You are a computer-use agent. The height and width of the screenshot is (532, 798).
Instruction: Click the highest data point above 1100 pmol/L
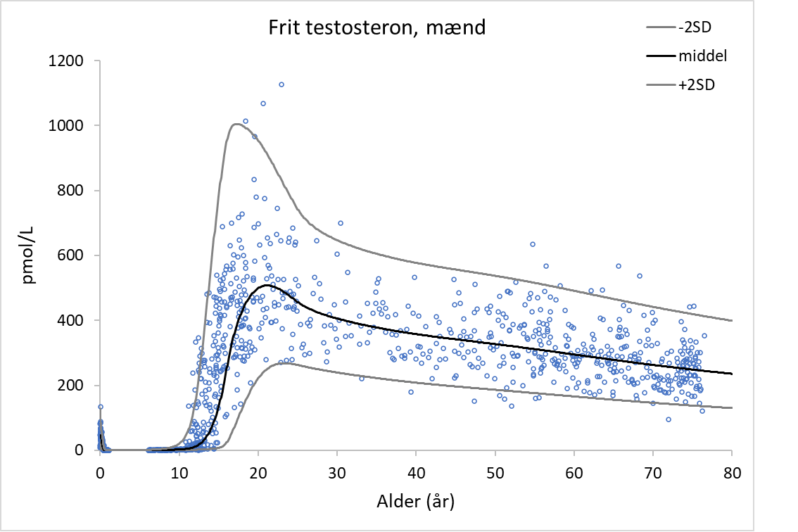pyautogui.click(x=281, y=84)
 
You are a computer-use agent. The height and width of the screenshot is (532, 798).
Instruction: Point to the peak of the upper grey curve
pyautogui.click(x=236, y=125)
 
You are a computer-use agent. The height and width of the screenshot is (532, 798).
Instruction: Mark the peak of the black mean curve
pyautogui.click(x=263, y=286)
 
